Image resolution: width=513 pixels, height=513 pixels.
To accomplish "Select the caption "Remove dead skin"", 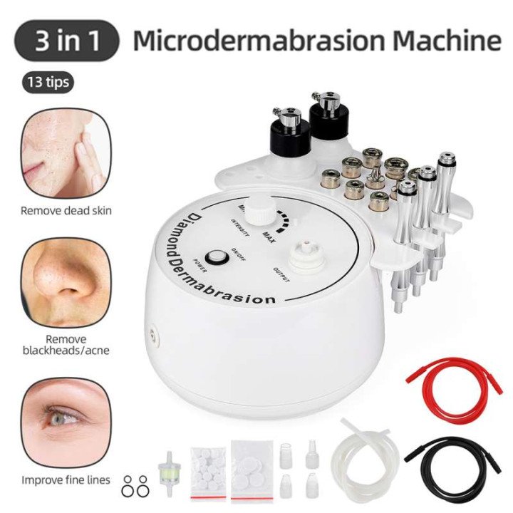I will click(66, 211).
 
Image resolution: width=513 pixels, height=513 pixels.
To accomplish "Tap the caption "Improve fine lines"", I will click(66, 480).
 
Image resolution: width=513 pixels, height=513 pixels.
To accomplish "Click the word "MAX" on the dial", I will click(271, 234).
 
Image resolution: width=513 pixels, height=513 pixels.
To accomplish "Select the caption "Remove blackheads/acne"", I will click(66, 345).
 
